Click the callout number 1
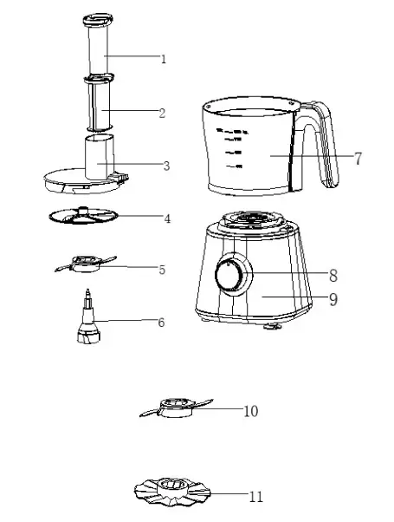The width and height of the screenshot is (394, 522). (163, 59)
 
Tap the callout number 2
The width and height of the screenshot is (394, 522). (163, 113)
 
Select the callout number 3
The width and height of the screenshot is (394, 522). (166, 166)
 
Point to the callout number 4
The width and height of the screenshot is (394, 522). (167, 219)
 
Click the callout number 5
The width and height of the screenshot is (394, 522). (162, 270)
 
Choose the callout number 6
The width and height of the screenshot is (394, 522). (161, 322)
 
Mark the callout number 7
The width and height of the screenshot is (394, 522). (357, 158)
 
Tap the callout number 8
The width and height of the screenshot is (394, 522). (333, 276)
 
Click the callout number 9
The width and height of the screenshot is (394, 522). (333, 300)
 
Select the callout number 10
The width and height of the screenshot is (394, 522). (250, 410)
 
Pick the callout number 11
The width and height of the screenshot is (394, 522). (255, 497)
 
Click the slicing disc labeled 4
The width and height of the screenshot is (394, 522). (82, 219)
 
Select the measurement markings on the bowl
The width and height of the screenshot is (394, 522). (231, 143)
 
